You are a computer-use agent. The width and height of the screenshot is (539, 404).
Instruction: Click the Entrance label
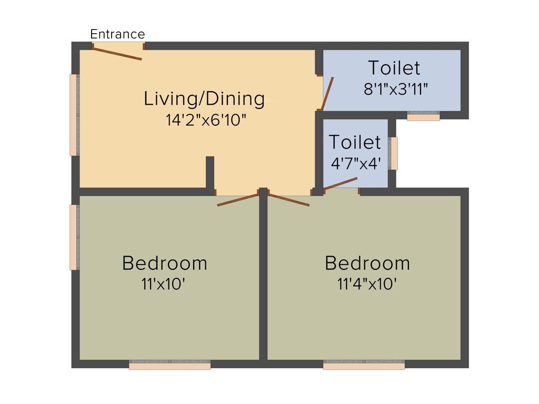point(117,35)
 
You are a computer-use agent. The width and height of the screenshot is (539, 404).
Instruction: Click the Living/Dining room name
point(204,98)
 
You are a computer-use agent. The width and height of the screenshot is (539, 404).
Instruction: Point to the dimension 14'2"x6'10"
point(206,120)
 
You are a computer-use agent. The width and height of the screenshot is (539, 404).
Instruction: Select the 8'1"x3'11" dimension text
point(396,89)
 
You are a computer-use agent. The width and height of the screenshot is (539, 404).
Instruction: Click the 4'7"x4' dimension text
point(355,163)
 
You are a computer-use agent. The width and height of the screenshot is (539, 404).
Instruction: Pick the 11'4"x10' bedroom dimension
point(367,285)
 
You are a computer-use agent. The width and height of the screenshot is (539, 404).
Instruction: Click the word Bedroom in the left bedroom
point(164,262)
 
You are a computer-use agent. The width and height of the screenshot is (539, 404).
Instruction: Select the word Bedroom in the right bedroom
point(367,262)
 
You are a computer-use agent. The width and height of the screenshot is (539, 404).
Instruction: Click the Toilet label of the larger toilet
point(394,68)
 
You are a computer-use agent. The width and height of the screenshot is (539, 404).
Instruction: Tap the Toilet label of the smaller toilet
point(355,142)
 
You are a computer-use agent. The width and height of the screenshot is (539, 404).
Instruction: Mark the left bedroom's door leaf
point(238,200)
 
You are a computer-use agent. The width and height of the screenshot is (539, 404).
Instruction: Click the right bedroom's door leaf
point(288,200)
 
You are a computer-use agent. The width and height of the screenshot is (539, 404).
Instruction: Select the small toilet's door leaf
point(340,183)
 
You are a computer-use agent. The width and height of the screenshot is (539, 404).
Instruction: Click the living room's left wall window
point(74,115)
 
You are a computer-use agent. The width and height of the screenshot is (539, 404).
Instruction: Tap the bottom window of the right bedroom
point(364,365)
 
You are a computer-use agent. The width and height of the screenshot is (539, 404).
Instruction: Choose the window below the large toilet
point(423,116)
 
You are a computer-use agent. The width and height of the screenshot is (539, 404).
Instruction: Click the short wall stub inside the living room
point(210,172)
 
